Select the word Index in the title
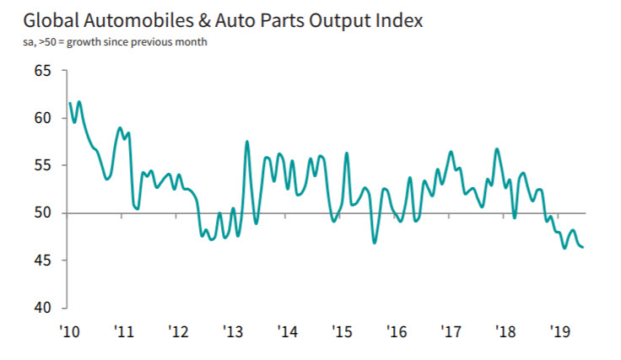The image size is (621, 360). (x=393, y=19)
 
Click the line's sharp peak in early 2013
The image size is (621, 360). (x=247, y=142)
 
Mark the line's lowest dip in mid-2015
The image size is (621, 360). (x=375, y=243)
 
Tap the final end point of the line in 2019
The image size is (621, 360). (x=583, y=247)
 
